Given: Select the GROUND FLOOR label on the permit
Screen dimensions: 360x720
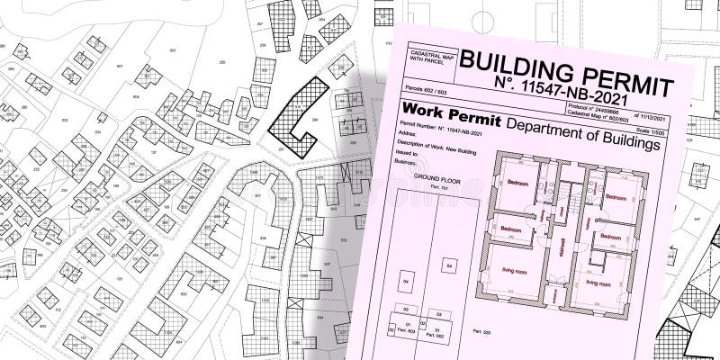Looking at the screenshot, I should click(x=431, y=180).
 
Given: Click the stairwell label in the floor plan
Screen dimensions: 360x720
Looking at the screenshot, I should click(x=562, y=245).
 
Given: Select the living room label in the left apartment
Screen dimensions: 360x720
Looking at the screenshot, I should click(x=519, y=280).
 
